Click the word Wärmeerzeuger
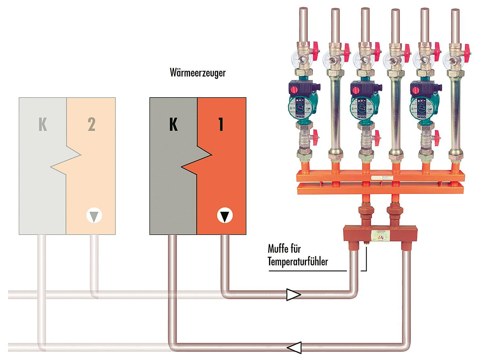[197, 72]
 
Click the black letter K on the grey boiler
[173, 124]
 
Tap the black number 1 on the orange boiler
[221, 124]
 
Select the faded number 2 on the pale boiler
[91, 124]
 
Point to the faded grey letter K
[43, 124]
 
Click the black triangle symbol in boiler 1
[225, 216]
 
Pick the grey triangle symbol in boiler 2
[94, 216]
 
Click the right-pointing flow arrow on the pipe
[293, 294]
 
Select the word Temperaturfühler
[298, 261]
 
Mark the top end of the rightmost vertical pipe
[456, 11]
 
